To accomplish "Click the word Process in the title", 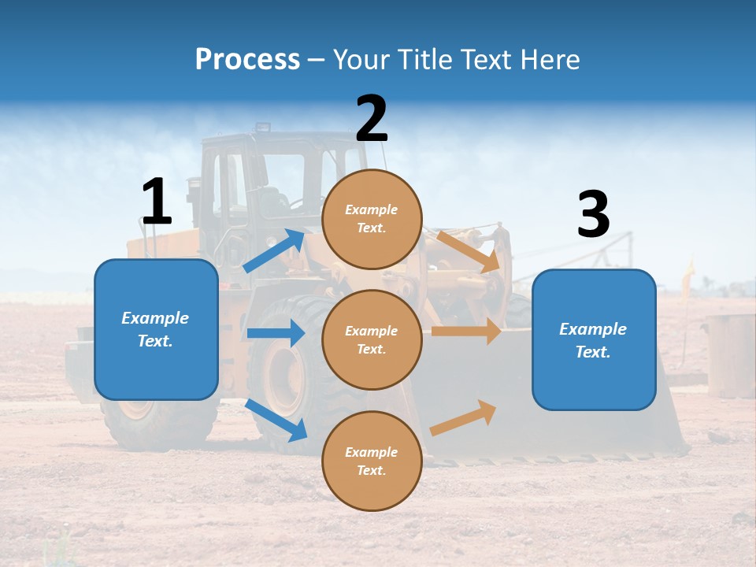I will click(x=247, y=60).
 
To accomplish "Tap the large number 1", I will click(x=156, y=202).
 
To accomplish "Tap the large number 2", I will click(x=372, y=119).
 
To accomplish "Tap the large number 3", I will click(x=593, y=214).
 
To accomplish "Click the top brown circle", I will click(x=372, y=219).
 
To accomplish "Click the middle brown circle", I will click(x=372, y=339).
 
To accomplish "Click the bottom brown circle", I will click(x=372, y=461).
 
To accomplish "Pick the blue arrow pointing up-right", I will click(x=274, y=251).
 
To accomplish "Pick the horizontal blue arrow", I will click(x=276, y=333).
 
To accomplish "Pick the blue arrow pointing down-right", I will click(x=276, y=419).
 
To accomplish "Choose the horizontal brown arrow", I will click(x=466, y=332).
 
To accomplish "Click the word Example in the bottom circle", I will click(x=371, y=452).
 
